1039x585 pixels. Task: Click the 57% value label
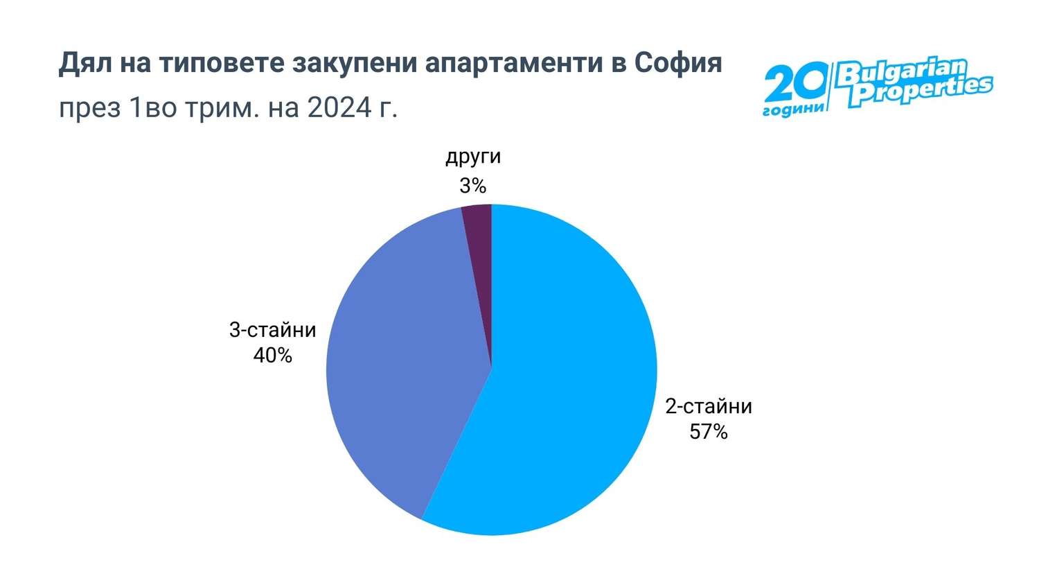(708, 432)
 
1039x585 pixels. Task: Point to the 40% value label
(272, 356)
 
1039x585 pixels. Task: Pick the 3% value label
(472, 186)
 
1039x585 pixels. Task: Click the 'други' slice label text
(472, 157)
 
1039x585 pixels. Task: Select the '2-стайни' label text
(708, 406)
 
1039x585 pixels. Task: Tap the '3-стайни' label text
(272, 330)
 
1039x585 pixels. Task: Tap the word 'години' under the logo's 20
(794, 110)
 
